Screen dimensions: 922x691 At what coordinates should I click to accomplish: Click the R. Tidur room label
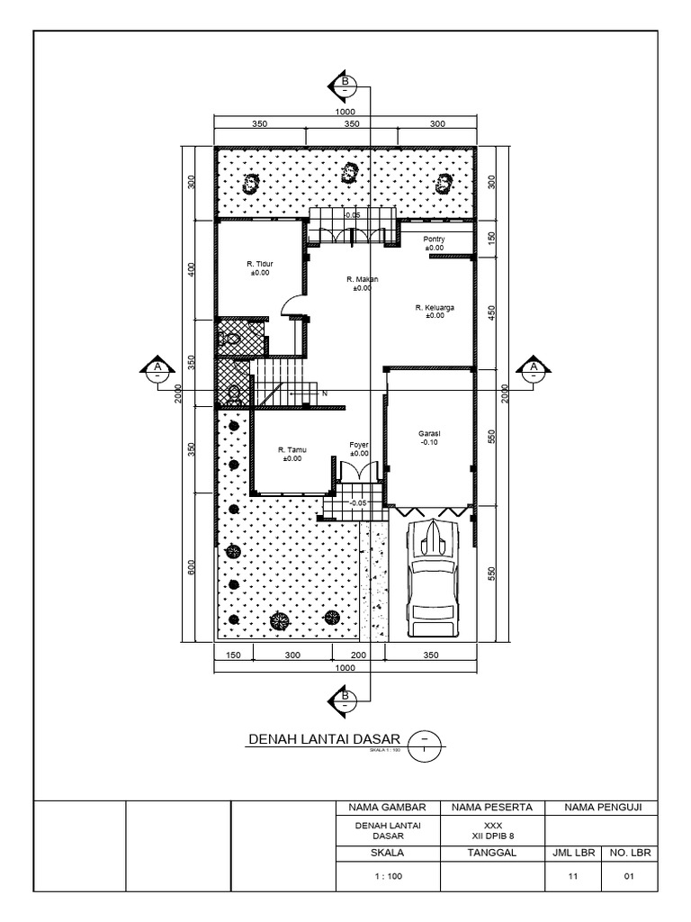pos(260,267)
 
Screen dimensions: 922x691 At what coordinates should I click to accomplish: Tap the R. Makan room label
pos(362,284)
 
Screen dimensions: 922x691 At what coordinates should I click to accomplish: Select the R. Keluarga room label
pos(435,311)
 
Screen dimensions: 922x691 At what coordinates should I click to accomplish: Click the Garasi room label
pos(428,438)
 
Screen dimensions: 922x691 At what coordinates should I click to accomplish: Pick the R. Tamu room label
pos(292,454)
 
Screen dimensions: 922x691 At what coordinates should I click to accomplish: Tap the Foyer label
pos(360,448)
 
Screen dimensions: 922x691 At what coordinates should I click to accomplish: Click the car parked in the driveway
pos(434,575)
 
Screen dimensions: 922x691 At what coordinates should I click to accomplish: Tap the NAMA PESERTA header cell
pos(493,807)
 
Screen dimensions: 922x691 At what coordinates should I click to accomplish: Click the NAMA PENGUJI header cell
pos(602,807)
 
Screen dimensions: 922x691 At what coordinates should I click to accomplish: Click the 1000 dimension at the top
pos(345,111)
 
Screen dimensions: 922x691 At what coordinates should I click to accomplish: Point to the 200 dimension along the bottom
pos(359,655)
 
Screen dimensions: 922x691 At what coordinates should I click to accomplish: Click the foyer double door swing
pos(359,471)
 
